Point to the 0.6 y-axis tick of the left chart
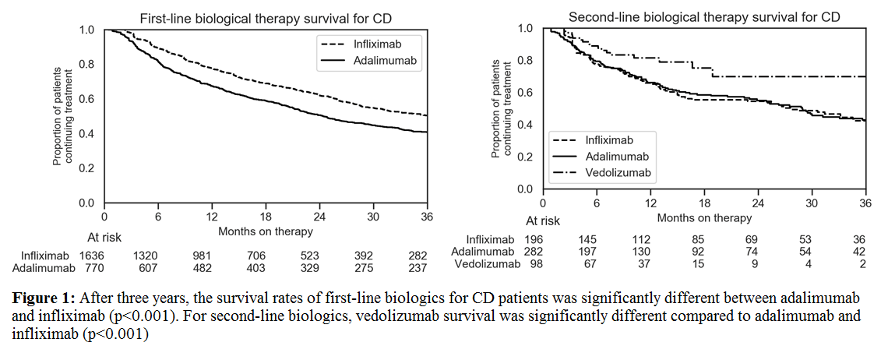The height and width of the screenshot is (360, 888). tap(87, 99)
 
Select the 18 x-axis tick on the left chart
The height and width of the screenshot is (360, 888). tap(266, 216)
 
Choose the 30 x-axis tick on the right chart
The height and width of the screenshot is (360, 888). tap(812, 203)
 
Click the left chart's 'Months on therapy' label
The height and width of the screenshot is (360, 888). tap(266, 231)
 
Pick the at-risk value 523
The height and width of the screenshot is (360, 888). tap(319, 255)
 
